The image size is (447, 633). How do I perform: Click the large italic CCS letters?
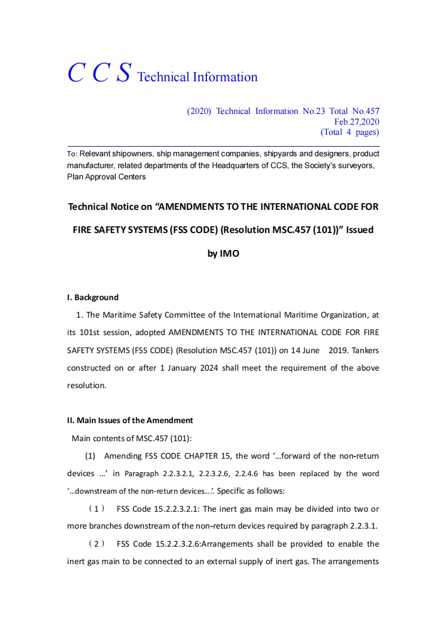[100, 73]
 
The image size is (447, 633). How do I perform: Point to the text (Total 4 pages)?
[349, 133]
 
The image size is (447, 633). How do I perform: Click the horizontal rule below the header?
[223, 146]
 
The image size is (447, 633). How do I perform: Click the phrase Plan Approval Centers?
[107, 177]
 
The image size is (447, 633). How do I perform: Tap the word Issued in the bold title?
[359, 230]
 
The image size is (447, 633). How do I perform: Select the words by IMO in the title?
[223, 254]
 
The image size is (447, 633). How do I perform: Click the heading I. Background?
[93, 297]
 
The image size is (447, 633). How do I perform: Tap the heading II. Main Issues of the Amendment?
[130, 420]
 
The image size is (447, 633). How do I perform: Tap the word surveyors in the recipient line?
[357, 166]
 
